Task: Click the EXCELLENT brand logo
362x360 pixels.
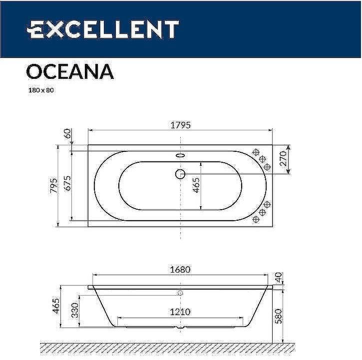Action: pyautogui.click(x=102, y=29)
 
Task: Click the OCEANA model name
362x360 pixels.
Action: pyautogui.click(x=69, y=71)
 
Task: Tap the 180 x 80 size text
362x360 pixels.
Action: pyautogui.click(x=39, y=91)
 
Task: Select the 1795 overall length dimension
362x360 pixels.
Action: pyautogui.click(x=180, y=125)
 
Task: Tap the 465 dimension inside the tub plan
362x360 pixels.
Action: pyautogui.click(x=196, y=185)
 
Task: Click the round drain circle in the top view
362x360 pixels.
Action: pyautogui.click(x=180, y=174)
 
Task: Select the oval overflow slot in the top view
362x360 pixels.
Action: pyautogui.click(x=180, y=155)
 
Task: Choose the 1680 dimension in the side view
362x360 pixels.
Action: pyautogui.click(x=180, y=270)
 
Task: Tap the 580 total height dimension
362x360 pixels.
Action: pyautogui.click(x=278, y=316)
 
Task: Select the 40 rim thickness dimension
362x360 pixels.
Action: pyautogui.click(x=278, y=277)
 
